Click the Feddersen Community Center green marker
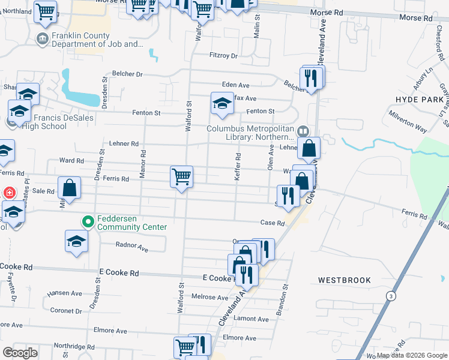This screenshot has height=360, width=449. click(88, 222)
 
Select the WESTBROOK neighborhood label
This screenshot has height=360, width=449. click(345, 280)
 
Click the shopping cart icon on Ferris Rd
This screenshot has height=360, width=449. click(181, 176)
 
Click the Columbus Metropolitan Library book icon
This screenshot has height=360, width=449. click(303, 131)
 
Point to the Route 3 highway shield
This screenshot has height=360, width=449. click(391, 296)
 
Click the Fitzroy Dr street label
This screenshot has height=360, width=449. click(224, 56)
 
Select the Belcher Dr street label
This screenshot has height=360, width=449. click(131, 74)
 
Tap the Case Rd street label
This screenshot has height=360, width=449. click(272, 223)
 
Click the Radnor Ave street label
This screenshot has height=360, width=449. click(131, 247)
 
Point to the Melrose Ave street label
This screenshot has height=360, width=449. click(209, 297)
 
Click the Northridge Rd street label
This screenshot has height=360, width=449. click(73, 347)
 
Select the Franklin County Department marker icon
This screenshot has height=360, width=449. click(43, 40)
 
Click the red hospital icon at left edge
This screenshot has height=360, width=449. click(9, 193)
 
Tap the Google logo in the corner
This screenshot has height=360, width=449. click(20, 353)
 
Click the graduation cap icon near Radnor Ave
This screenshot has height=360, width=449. click(76, 241)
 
